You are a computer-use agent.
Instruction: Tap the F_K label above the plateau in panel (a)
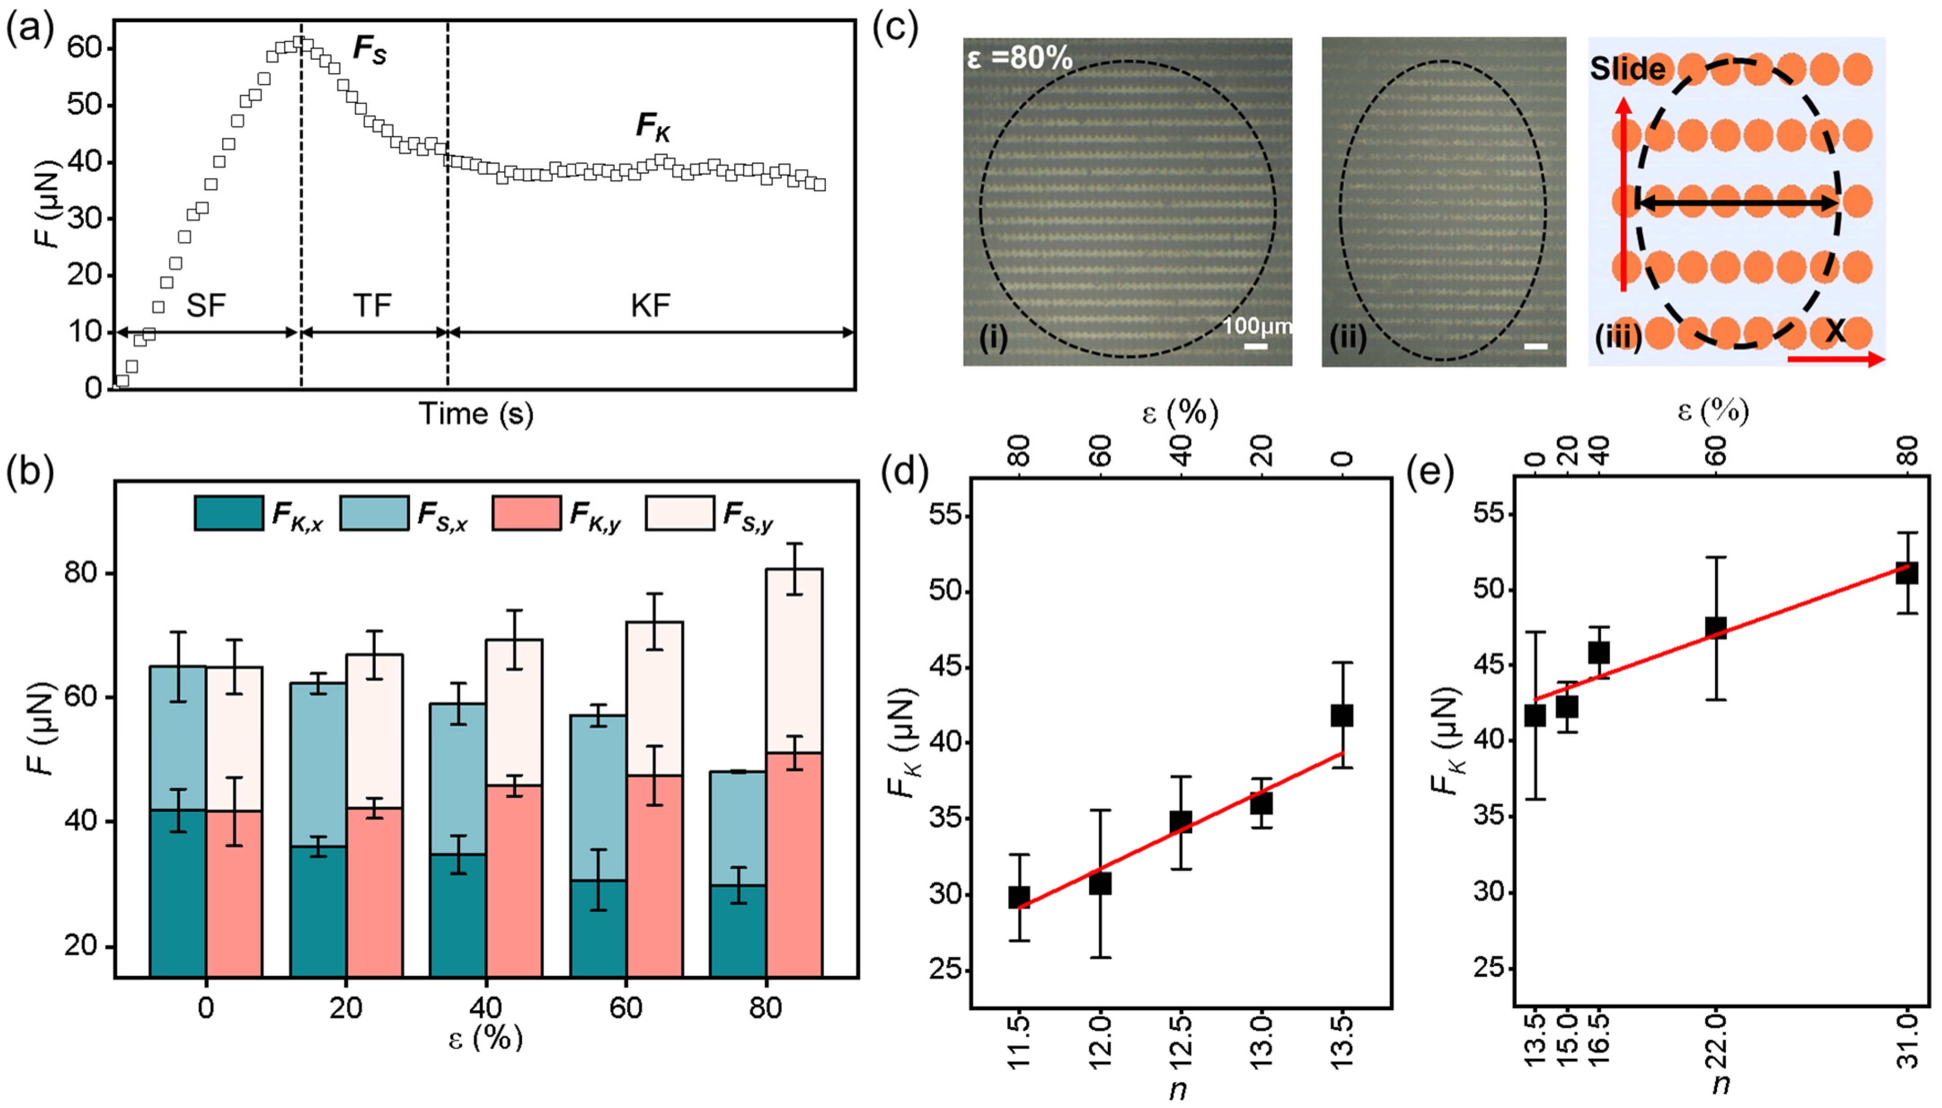(x=653, y=127)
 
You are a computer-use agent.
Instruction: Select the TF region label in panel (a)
(x=372, y=306)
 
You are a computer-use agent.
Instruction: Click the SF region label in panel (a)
(x=206, y=306)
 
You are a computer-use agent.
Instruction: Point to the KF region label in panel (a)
(x=650, y=306)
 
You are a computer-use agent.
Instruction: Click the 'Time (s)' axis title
(x=476, y=414)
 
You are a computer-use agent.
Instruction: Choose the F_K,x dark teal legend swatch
(x=228, y=513)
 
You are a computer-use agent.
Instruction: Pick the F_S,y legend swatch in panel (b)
(x=679, y=513)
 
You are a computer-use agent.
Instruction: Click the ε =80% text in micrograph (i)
(x=1020, y=58)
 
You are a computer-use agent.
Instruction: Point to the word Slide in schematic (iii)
(x=1628, y=69)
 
